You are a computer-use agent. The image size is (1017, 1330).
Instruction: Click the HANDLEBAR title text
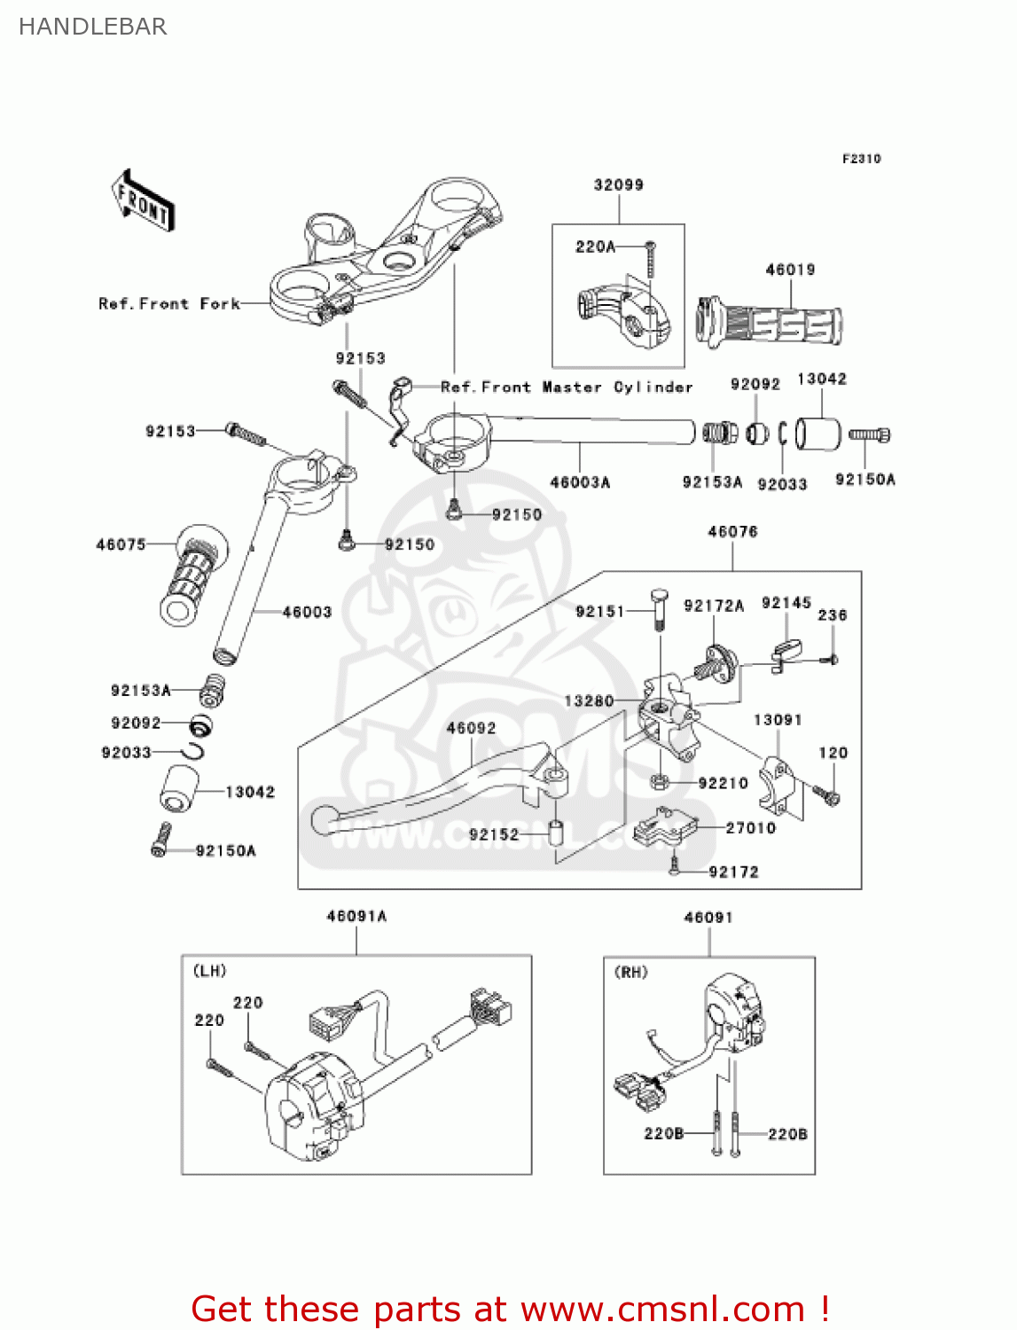[x=92, y=27]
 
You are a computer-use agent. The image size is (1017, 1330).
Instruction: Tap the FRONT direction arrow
[x=142, y=201]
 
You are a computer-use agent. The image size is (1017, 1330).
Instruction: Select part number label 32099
[x=618, y=184]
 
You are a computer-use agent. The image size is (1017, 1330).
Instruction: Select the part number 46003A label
[x=580, y=482]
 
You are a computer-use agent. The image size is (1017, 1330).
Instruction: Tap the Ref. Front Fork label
[x=169, y=303]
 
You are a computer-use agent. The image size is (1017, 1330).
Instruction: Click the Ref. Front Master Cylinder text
[x=567, y=387]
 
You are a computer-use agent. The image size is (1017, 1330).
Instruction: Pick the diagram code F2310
[x=861, y=159]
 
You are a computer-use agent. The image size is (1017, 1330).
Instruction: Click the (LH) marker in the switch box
[x=210, y=971]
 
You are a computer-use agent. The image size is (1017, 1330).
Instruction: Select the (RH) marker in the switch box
[x=631, y=972]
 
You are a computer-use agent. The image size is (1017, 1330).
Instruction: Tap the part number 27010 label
[x=750, y=827]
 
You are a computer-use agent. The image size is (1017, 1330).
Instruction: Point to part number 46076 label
[x=732, y=531]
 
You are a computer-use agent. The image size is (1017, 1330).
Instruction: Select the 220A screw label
[x=595, y=246]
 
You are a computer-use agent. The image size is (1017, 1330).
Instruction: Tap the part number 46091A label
[x=356, y=916]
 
